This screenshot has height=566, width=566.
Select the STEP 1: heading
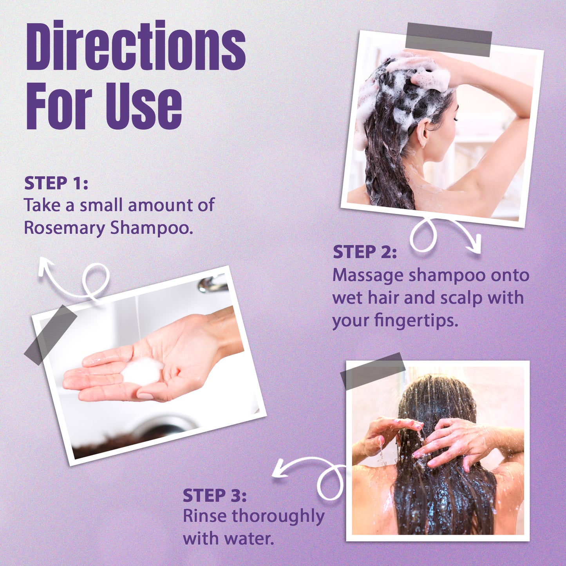[x=56, y=183]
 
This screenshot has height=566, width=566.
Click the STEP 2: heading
[x=365, y=252]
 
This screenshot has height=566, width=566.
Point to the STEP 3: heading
[x=215, y=495]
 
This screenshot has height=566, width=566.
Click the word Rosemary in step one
[x=64, y=228]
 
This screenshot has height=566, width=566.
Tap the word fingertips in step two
[x=416, y=320]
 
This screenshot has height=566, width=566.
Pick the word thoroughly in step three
[x=278, y=517]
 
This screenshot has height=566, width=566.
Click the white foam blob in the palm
[x=142, y=371]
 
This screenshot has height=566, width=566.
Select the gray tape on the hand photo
[x=51, y=335]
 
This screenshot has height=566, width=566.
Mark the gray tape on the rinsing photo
[x=372, y=371]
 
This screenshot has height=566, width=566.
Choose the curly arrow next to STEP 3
[x=313, y=476]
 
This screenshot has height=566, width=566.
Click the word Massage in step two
[x=368, y=275]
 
